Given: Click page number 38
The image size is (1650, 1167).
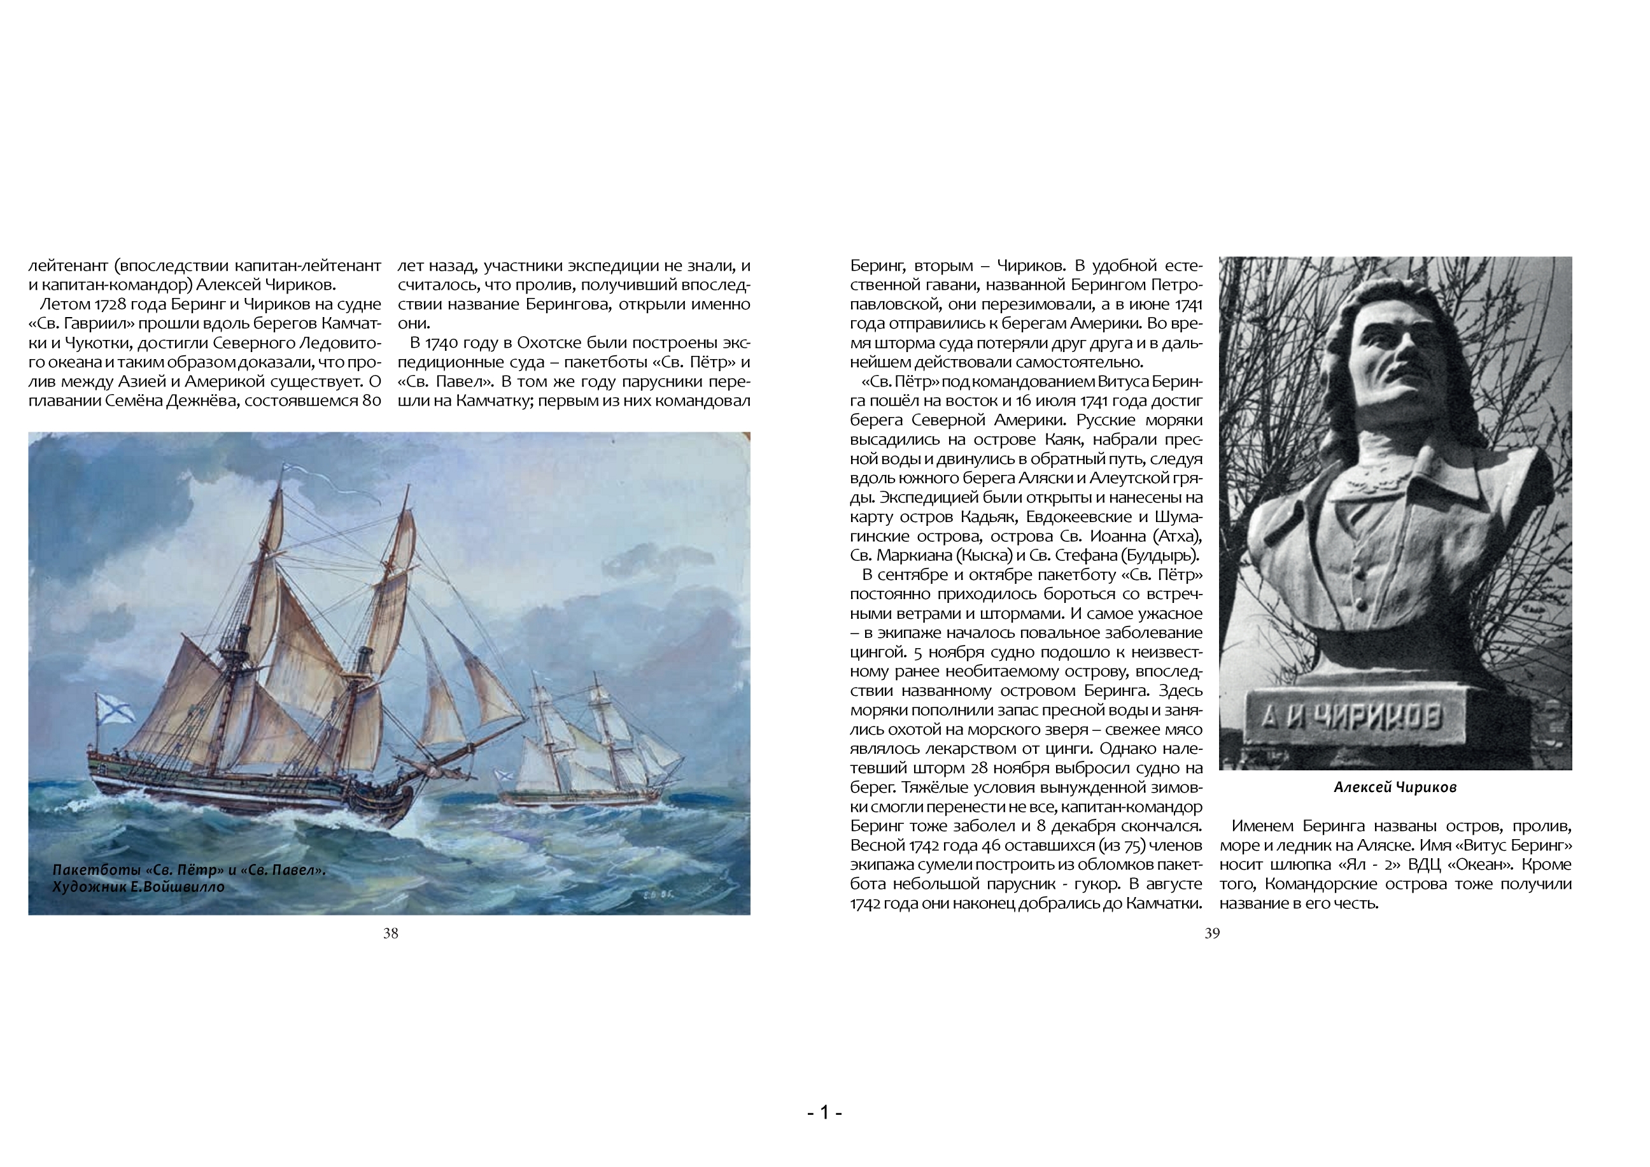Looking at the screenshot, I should [390, 933].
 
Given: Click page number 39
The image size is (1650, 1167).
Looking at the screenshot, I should [1211, 933].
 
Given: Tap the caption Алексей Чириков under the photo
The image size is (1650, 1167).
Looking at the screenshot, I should [1395, 788].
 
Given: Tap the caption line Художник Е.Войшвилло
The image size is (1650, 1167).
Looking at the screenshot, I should [138, 887].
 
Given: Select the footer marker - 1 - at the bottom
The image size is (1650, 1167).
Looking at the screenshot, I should [824, 1113].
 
